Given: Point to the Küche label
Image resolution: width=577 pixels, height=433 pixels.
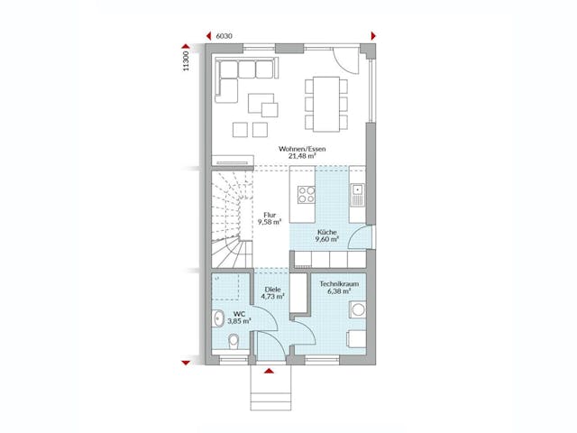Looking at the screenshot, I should pyautogui.click(x=326, y=233).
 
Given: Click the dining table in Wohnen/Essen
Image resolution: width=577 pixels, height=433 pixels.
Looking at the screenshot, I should pyautogui.click(x=323, y=94).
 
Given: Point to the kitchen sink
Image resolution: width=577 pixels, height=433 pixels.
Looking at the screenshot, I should pyautogui.click(x=358, y=191).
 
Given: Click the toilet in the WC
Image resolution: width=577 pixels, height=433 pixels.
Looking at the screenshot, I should pyautogui.click(x=233, y=341).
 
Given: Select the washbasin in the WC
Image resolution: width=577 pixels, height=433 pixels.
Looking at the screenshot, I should pyautogui.click(x=219, y=318).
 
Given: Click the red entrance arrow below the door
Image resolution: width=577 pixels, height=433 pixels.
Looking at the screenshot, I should pyautogui.click(x=268, y=370).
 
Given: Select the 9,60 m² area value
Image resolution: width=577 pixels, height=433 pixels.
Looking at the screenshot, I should pyautogui.click(x=326, y=241).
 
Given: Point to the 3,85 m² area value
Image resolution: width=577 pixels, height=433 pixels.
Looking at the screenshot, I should pyautogui.click(x=238, y=320).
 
